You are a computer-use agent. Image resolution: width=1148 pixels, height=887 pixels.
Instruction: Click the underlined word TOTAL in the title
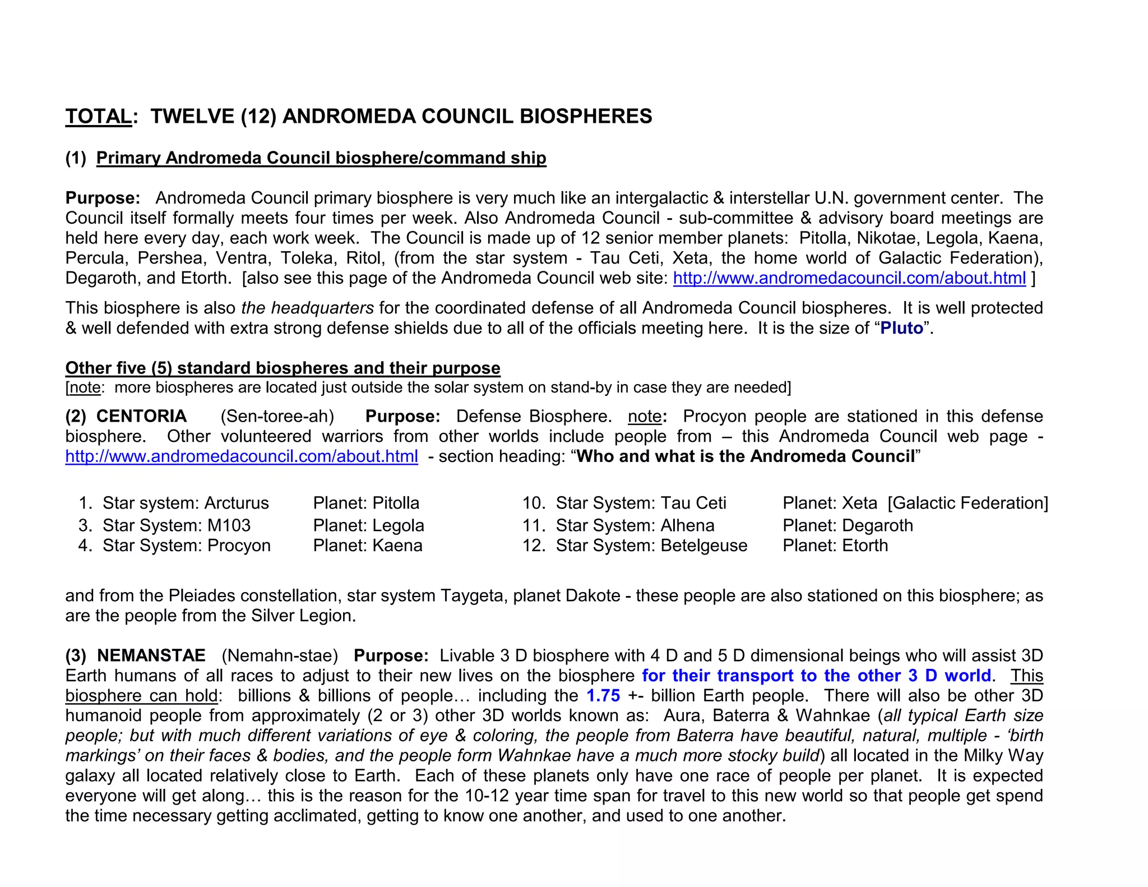click(98, 117)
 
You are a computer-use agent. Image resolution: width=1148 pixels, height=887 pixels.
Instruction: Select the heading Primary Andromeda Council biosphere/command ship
click(321, 158)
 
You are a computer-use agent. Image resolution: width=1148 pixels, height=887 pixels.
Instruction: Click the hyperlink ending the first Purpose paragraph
click(849, 278)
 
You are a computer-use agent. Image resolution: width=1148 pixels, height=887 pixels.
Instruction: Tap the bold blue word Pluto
click(901, 328)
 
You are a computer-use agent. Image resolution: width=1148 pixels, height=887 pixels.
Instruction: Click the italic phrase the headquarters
click(307, 308)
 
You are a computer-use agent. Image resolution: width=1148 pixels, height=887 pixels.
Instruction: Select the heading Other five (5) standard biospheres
click(283, 368)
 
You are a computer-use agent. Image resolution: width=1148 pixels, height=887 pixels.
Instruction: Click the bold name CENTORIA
click(141, 416)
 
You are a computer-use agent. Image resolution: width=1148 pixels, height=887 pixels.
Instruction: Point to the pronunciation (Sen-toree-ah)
click(277, 416)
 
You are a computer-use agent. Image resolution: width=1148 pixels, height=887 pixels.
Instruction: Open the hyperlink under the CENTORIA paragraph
click(241, 456)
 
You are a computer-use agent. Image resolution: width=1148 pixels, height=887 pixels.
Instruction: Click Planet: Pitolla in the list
click(365, 503)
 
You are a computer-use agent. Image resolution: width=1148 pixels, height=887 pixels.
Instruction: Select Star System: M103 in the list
click(176, 525)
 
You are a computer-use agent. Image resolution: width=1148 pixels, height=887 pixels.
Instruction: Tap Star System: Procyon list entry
click(186, 546)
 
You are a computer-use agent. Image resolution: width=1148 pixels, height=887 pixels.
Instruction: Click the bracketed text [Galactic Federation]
click(968, 503)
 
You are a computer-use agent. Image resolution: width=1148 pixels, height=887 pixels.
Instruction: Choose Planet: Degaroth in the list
click(848, 525)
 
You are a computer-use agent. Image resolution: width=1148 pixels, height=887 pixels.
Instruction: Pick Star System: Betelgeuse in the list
click(651, 546)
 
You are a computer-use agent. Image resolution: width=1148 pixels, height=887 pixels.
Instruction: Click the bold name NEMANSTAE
click(151, 655)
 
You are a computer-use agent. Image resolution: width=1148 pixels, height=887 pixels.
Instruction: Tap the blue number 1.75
click(603, 696)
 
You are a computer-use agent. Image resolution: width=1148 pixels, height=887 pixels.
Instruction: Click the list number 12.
click(533, 546)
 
